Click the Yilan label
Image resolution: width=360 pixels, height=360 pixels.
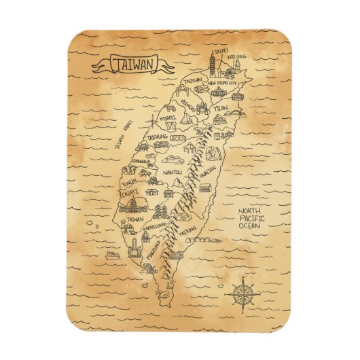(219, 108)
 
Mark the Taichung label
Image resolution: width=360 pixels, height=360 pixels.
(158, 137)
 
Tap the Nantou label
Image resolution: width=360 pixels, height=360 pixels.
(173, 173)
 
